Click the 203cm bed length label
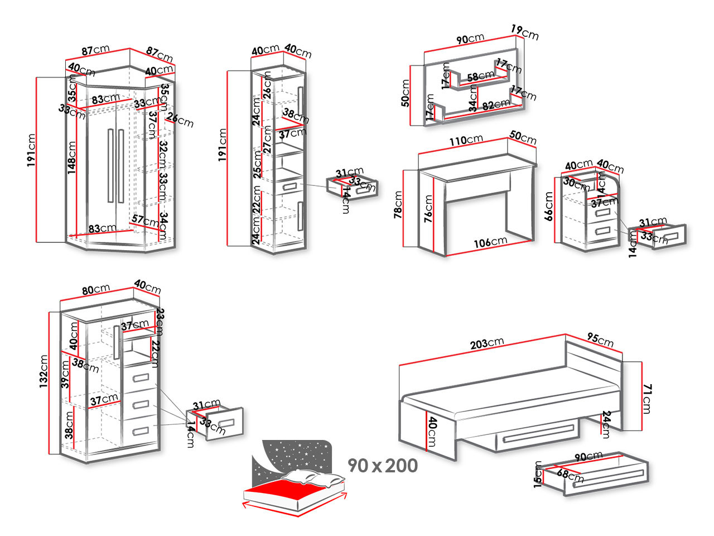tap(486, 343)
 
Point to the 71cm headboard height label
tap(647, 398)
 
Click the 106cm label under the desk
tap(491, 242)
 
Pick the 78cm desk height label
tap(398, 205)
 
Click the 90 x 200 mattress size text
tap(383, 465)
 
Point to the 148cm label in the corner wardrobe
tap(71, 157)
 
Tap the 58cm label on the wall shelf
tap(480, 76)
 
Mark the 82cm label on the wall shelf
tap(496, 104)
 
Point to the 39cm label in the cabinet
tap(66, 374)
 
